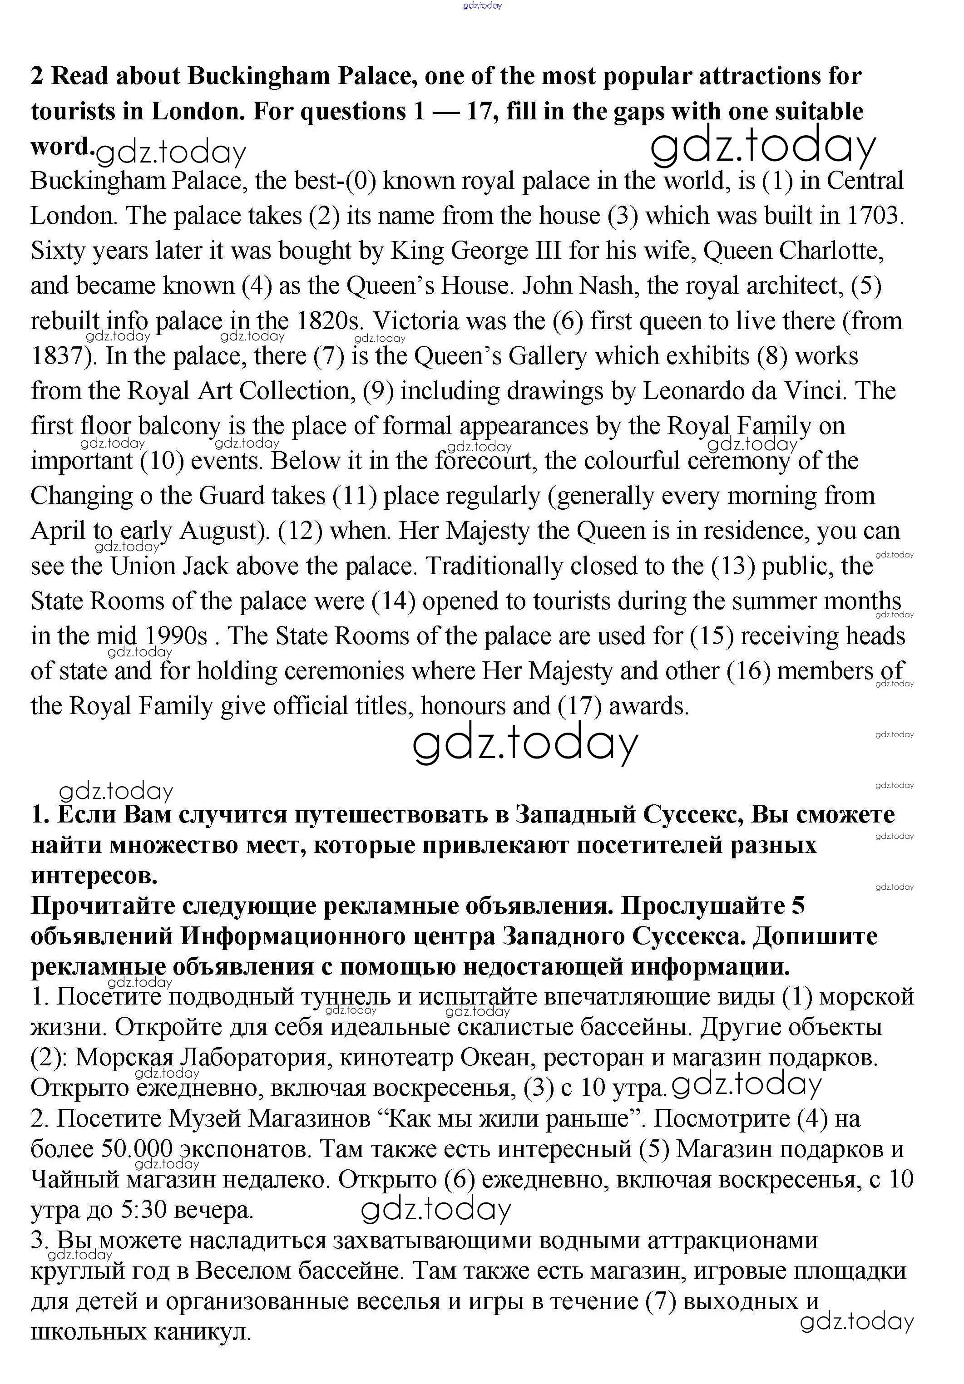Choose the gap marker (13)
click(732, 566)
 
